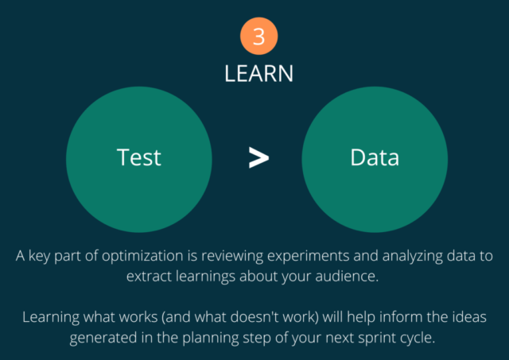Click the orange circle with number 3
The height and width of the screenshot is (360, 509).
tap(258, 36)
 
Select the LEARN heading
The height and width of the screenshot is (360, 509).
tap(258, 74)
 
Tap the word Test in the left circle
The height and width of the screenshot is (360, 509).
tap(139, 157)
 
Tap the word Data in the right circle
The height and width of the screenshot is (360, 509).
tap(375, 157)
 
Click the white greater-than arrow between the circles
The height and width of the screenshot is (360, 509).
tap(258, 157)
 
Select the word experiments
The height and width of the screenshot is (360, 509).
tap(309, 256)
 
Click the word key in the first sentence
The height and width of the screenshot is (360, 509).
tap(39, 256)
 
